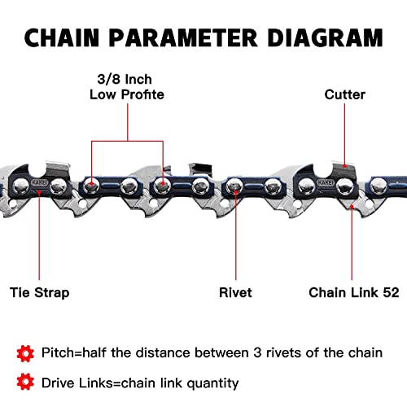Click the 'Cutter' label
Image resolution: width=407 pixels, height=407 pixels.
(346, 94)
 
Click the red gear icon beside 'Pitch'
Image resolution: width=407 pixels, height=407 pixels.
(25, 352)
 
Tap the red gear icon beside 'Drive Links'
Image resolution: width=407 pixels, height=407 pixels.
(25, 381)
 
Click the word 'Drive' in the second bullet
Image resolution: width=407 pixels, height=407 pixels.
(59, 382)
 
